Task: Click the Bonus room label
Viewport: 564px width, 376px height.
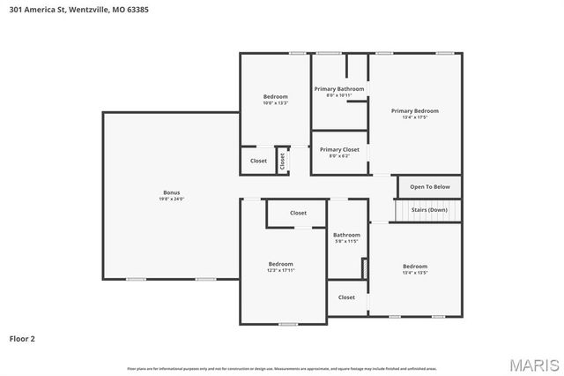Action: coord(171,192)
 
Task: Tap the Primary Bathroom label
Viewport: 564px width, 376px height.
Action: coord(338,88)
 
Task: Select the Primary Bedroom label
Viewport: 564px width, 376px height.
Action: coord(414,110)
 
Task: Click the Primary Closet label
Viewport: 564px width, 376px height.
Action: coord(339,149)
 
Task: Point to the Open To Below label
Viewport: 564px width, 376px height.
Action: coord(430,187)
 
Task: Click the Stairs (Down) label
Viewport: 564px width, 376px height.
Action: coord(429,209)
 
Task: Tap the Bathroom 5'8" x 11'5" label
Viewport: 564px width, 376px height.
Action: coord(345,235)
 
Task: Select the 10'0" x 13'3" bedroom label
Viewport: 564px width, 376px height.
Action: coord(275,96)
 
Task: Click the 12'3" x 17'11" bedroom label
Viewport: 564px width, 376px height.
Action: coord(281,264)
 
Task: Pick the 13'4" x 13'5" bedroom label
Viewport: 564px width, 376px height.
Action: coord(415,267)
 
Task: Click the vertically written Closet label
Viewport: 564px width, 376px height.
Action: coord(283,161)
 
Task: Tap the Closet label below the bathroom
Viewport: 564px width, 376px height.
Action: coord(346,297)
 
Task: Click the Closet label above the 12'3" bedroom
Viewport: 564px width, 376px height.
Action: coord(298,213)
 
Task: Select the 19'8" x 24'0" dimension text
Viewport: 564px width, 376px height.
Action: coord(171,199)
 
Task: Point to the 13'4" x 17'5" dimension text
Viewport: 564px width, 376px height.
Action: coord(414,117)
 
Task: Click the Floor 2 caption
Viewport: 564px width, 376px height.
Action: coord(22,338)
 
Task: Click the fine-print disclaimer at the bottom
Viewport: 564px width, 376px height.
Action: coord(281,368)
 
